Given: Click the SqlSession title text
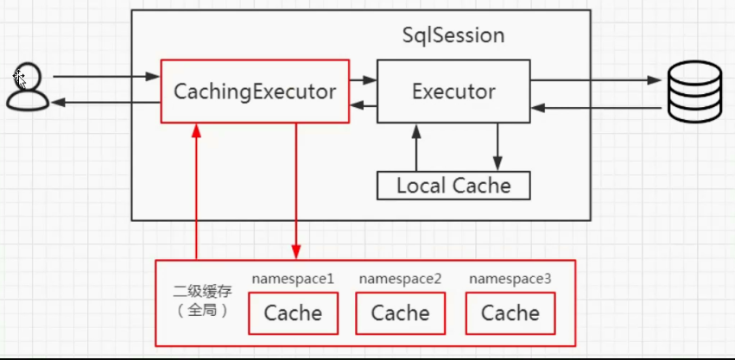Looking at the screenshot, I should (453, 36).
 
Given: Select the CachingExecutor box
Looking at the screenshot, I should (255, 91).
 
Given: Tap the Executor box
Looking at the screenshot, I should (453, 91).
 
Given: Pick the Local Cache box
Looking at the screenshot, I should (453, 186).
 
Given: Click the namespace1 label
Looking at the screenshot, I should (293, 279).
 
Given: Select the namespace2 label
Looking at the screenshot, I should (400, 279).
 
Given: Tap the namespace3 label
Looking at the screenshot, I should (510, 279).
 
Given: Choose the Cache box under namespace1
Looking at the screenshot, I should (293, 313).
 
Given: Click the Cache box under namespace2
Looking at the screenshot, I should (401, 313).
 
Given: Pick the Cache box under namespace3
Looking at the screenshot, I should (510, 313).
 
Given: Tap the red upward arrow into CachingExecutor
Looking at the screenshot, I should (197, 190).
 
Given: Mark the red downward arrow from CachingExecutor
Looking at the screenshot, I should (296, 190).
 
